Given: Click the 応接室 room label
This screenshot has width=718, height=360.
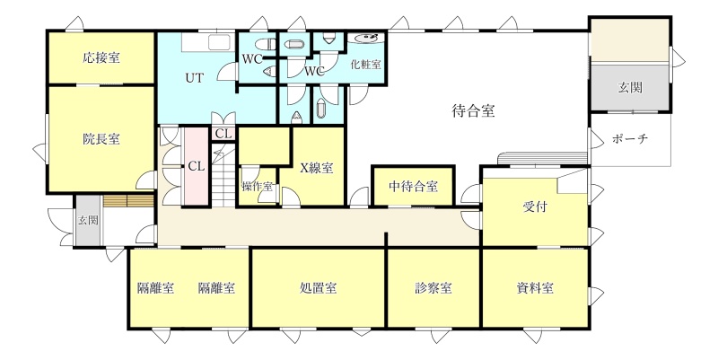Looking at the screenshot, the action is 101,58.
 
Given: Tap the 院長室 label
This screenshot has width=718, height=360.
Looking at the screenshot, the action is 101,139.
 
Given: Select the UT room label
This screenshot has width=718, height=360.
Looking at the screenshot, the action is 195,77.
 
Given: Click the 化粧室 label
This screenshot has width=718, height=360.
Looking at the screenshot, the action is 365,64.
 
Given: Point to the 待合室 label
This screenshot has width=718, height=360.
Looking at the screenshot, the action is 474,111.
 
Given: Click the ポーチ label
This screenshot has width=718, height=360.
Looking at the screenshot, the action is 630,139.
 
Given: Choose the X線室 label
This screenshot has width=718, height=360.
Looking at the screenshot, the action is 317,168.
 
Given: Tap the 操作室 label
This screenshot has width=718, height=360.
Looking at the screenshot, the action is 257,187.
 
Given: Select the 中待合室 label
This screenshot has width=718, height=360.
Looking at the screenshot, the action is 413,187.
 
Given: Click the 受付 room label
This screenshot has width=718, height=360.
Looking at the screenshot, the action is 535,207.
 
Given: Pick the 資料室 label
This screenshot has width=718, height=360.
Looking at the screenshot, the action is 535,288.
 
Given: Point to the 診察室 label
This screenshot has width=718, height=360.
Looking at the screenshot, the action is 433,288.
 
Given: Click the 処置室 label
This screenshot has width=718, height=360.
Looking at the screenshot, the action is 319,288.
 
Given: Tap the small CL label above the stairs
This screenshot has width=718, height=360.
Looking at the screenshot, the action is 223,134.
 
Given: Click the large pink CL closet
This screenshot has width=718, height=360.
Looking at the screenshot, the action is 197,166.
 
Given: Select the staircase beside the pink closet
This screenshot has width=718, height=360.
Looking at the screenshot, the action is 223,175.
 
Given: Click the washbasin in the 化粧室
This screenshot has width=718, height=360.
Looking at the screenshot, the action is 366,39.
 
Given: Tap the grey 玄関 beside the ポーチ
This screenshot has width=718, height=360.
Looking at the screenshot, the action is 630,87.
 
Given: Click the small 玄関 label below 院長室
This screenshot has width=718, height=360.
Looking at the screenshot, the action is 87,220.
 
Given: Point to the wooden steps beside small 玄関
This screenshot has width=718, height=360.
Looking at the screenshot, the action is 127,200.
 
